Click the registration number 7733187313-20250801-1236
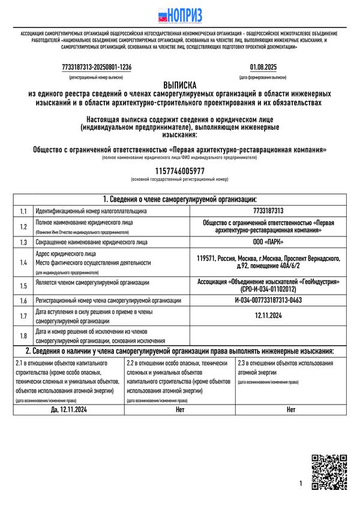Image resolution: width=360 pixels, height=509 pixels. [97, 67]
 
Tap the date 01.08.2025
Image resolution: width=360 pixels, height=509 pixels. [263, 67]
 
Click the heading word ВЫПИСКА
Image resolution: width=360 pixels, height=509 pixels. [179, 86]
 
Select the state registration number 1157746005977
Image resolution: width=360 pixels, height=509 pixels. [179, 171]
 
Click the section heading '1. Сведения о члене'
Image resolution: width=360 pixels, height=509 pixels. [179, 199]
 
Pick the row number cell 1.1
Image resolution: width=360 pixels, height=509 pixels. [23, 211]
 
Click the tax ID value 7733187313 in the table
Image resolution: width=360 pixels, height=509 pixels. [268, 211]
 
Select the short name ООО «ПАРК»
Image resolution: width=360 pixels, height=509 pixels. [268, 242]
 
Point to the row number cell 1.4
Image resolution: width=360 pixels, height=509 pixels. [23, 262]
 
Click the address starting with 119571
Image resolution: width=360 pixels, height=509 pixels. [268, 262]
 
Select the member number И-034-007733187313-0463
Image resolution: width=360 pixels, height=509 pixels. [268, 300]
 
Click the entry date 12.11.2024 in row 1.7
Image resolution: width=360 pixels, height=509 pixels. [268, 315]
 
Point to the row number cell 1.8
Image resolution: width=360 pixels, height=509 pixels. [23, 336]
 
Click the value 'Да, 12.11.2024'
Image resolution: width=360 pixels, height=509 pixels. [69, 410]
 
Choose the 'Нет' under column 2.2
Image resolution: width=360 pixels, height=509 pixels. [180, 410]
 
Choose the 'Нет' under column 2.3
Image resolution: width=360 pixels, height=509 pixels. [291, 410]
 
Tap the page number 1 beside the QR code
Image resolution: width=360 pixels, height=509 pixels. [301, 483]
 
